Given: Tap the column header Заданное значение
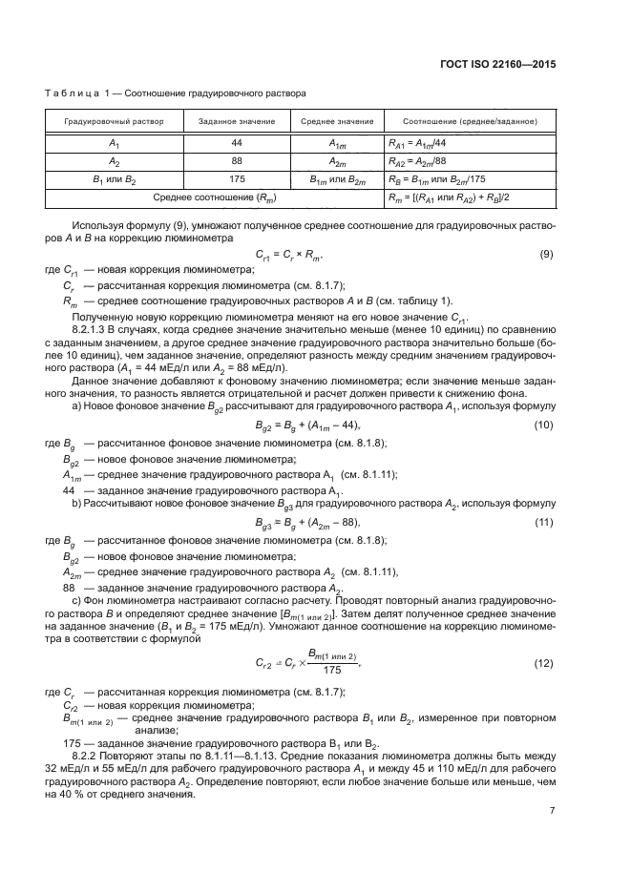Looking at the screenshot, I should (237, 123).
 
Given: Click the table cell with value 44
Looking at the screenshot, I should (237, 142).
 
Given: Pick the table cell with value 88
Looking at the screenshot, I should (237, 160).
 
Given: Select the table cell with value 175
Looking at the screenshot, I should (237, 178).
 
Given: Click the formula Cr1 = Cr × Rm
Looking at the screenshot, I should (290, 255).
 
